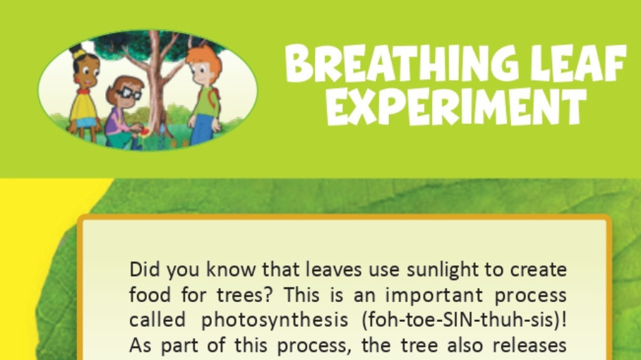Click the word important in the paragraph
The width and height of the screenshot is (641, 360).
(x=433, y=295)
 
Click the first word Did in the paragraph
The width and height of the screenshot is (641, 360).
(x=144, y=270)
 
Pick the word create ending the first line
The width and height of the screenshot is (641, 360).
(x=540, y=270)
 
